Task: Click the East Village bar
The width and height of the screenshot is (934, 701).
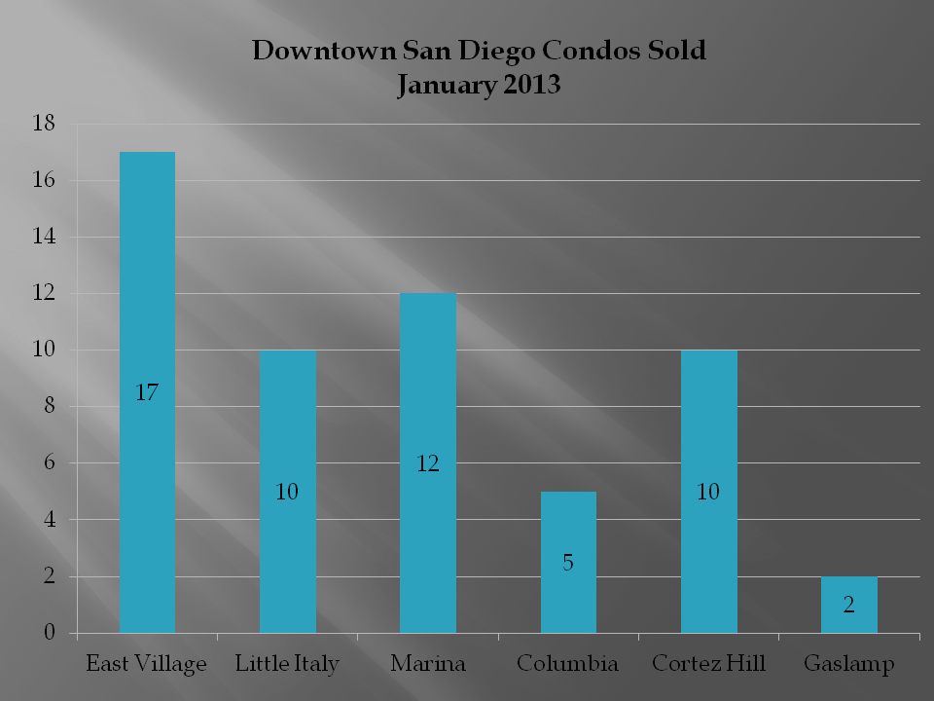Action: pos(147,292)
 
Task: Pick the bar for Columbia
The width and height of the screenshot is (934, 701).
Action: pos(568,526)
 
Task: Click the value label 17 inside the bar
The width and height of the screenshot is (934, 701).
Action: pos(147,393)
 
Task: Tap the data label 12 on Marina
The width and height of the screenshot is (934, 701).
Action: pos(428,463)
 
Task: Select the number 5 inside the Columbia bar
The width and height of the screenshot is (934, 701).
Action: pos(568,563)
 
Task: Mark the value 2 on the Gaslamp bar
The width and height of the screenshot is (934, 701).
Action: pos(848,606)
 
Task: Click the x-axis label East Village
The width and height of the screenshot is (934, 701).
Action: pos(147,665)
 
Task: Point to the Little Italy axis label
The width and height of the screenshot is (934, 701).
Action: pos(287,665)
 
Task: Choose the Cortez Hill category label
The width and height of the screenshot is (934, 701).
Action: pos(708,665)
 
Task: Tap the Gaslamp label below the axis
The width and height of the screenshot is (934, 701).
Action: pos(848,665)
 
